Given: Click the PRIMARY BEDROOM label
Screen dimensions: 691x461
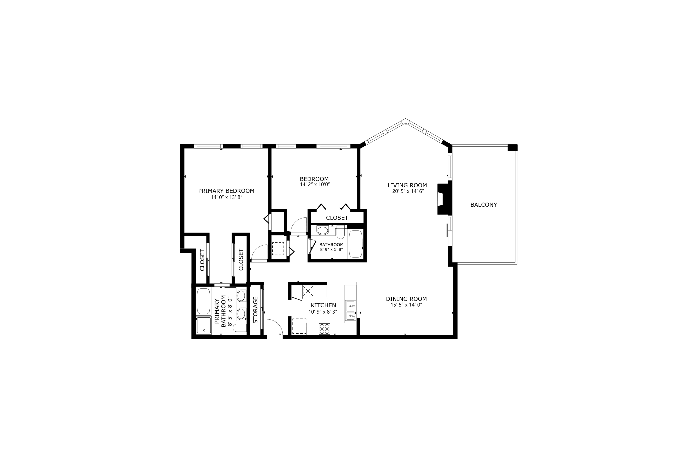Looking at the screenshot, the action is point(226,191).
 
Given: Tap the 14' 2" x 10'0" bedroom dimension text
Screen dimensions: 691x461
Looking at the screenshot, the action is point(315,185).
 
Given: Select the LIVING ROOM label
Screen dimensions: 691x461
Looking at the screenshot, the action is point(407,185).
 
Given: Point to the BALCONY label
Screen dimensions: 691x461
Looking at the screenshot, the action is point(484,205).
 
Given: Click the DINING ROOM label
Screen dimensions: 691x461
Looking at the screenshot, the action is point(406,299).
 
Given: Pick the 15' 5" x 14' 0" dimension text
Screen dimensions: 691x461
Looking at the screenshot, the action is point(406,305).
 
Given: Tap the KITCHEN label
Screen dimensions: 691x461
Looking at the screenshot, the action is point(323,305).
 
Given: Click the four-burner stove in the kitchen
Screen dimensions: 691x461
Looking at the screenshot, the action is point(324,329).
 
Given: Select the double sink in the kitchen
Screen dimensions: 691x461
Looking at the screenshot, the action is point(350,310).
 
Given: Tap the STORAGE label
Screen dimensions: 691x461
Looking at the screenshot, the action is point(255,310).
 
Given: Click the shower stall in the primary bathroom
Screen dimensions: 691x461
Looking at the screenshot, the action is point(204,325).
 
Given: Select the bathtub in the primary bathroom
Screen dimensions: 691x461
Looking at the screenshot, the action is point(204,301).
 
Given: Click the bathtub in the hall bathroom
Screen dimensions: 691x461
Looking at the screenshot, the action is point(355,244).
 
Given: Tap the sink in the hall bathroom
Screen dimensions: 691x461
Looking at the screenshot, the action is point(323,230).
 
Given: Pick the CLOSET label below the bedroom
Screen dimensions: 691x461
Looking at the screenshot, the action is point(337,218).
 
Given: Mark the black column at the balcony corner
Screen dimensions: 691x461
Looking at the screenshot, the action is point(512,148).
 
